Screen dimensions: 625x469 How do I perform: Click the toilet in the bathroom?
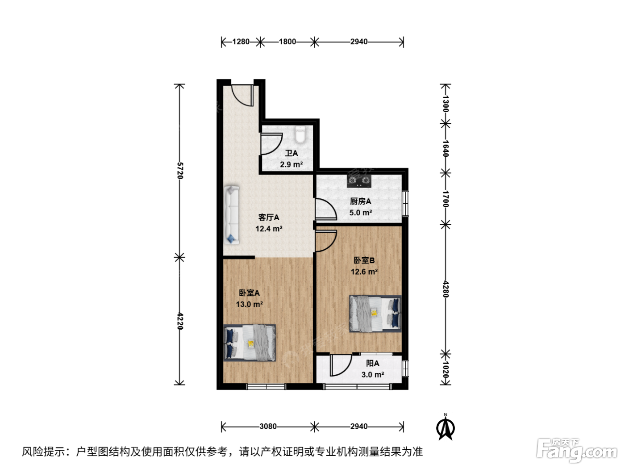pos(300,134)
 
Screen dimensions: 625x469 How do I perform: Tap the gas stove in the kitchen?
pos(359,180)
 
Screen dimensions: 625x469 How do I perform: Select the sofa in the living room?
pos(232,215)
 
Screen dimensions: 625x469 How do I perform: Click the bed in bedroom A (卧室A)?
pos(250,343)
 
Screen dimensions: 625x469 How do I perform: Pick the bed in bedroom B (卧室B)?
pos(375,314)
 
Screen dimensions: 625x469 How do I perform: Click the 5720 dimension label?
pos(180,171)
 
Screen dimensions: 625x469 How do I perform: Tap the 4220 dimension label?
pos(180,321)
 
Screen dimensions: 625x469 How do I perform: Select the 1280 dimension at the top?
pos(241,42)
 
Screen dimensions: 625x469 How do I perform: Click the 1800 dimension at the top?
pos(287,42)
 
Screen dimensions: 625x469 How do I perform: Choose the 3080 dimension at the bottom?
pos(268,426)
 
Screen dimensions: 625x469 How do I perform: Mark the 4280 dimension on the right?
pos(446,289)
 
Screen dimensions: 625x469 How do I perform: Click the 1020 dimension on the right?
pos(446,370)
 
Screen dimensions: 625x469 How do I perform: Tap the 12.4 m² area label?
pos(269,229)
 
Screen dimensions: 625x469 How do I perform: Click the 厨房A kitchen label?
pos(360,201)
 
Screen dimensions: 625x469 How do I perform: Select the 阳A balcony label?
pos(372,363)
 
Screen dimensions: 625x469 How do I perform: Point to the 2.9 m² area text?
pos(291,164)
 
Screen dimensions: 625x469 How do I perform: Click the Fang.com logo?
pos(576,450)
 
